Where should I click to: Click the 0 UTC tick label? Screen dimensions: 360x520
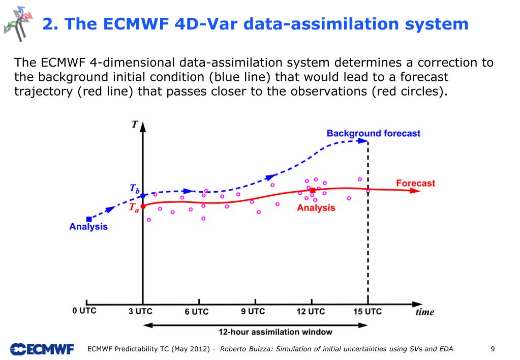[x=84, y=311]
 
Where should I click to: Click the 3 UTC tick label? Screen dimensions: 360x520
[x=140, y=312]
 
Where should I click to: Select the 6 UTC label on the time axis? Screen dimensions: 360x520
[x=196, y=312]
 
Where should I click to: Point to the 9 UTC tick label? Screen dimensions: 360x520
[x=253, y=311]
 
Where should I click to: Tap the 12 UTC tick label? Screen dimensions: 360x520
[x=310, y=312]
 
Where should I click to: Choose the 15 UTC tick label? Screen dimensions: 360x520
[x=367, y=311]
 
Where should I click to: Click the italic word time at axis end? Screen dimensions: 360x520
[x=424, y=312]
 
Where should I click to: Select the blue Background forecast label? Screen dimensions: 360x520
[x=373, y=133]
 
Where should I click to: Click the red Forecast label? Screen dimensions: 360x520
[x=415, y=183]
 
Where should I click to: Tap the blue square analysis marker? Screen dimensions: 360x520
[x=88, y=219]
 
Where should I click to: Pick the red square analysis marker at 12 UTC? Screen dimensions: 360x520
[x=313, y=190]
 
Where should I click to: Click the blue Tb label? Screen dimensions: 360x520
[x=134, y=189]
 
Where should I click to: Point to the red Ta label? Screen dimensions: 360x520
[x=133, y=207]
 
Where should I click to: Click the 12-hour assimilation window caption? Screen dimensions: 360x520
[x=275, y=332]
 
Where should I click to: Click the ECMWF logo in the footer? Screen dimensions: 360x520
[x=42, y=349]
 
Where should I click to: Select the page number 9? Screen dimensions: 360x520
[x=493, y=349]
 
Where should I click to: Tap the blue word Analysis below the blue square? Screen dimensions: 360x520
[x=88, y=227]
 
